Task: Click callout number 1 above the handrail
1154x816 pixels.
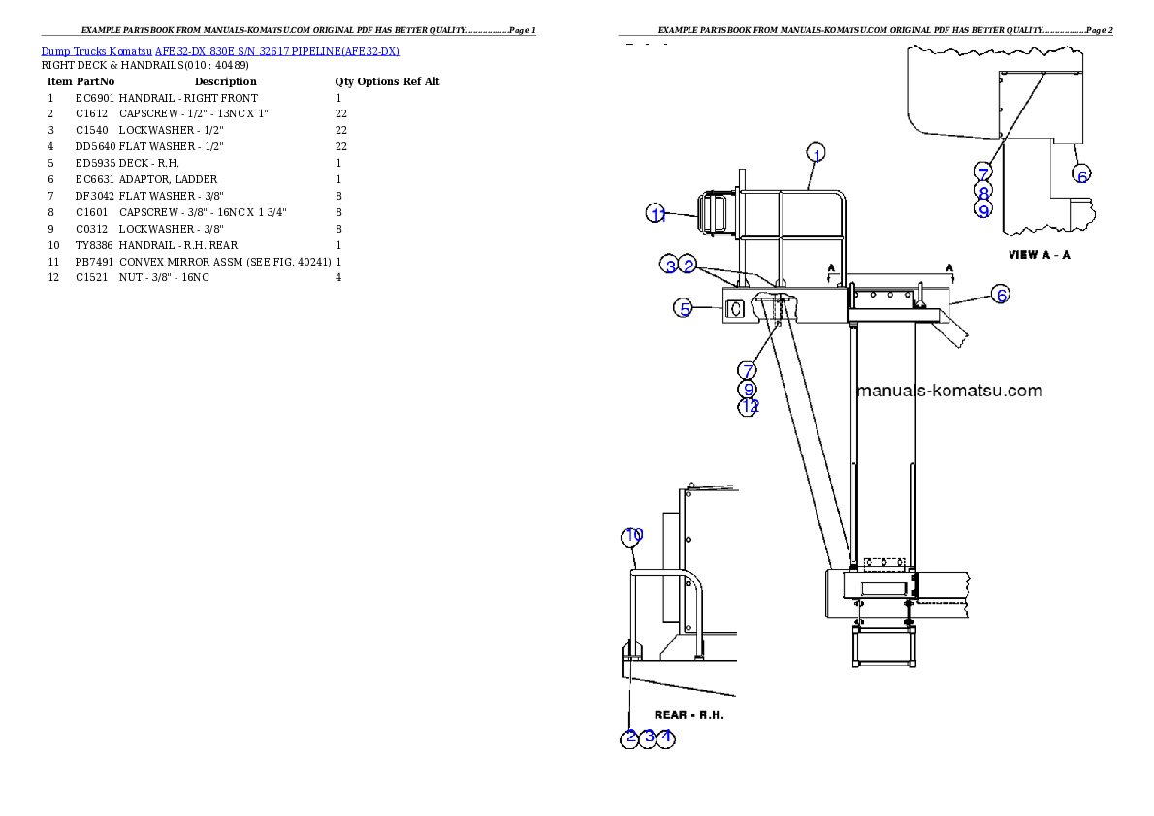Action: click(817, 154)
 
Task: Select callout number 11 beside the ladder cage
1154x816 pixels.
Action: click(657, 215)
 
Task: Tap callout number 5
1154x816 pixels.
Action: click(685, 309)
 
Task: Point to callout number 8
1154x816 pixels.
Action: click(983, 192)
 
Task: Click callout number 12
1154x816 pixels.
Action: click(748, 407)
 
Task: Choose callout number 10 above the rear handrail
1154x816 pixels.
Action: click(632, 535)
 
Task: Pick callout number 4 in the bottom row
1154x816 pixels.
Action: click(665, 738)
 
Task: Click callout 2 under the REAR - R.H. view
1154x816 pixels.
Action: click(630, 738)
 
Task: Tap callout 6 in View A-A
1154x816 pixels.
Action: click(1082, 174)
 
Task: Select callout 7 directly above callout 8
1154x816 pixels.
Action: click(983, 173)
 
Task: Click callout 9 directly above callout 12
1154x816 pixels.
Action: click(748, 389)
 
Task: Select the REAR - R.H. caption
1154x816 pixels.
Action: click(689, 715)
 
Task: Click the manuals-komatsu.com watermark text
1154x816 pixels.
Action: click(949, 392)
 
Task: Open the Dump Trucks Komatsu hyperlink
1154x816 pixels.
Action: click(220, 51)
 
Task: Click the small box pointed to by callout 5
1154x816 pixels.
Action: click(735, 309)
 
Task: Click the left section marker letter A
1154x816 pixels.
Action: click(831, 266)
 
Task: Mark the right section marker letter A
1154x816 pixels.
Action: click(949, 266)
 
